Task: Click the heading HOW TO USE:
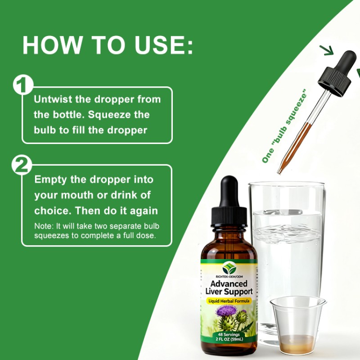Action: point(108,45)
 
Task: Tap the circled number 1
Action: point(23,85)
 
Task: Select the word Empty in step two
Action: point(50,180)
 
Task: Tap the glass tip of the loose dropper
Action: point(280,170)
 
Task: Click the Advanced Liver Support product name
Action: point(229,288)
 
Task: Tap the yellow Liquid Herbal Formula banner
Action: point(229,300)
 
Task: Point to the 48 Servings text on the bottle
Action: point(229,335)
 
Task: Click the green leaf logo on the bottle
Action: point(229,268)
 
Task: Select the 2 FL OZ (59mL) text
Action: point(229,340)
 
